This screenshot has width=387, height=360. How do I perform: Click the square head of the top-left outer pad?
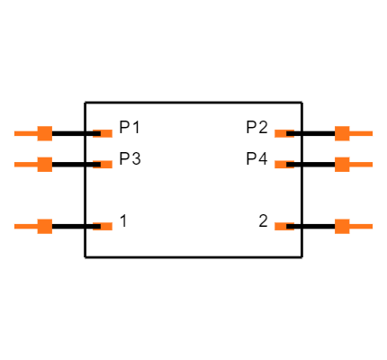[44, 133]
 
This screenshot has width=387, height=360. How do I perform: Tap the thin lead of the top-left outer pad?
[25, 133]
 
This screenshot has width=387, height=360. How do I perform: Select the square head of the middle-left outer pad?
[44, 164]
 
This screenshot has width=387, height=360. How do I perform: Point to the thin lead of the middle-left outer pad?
[25, 164]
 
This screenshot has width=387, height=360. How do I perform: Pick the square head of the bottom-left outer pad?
[44, 226]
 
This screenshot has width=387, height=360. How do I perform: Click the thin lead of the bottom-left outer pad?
[25, 226]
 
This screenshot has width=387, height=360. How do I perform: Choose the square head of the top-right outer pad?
[342, 133]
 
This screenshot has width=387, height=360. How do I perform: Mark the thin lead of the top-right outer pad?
[362, 133]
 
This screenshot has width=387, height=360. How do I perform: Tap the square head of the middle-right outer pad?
[342, 164]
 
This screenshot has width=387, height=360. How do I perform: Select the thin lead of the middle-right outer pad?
[362, 164]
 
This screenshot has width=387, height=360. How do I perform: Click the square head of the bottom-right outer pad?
[342, 226]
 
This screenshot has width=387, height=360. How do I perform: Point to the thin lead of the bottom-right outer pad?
[362, 226]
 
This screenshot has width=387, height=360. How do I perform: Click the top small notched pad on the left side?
[105, 133]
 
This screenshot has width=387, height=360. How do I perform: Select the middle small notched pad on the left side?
[105, 165]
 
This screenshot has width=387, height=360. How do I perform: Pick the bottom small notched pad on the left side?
[105, 226]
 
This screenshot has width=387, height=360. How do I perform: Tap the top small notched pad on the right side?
[282, 133]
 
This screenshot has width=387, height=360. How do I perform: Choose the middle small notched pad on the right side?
[282, 165]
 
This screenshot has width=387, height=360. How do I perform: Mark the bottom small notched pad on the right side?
[282, 226]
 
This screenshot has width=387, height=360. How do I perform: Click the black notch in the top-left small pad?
[96, 133]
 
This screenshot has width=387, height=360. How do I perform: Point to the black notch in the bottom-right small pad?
[290, 226]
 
